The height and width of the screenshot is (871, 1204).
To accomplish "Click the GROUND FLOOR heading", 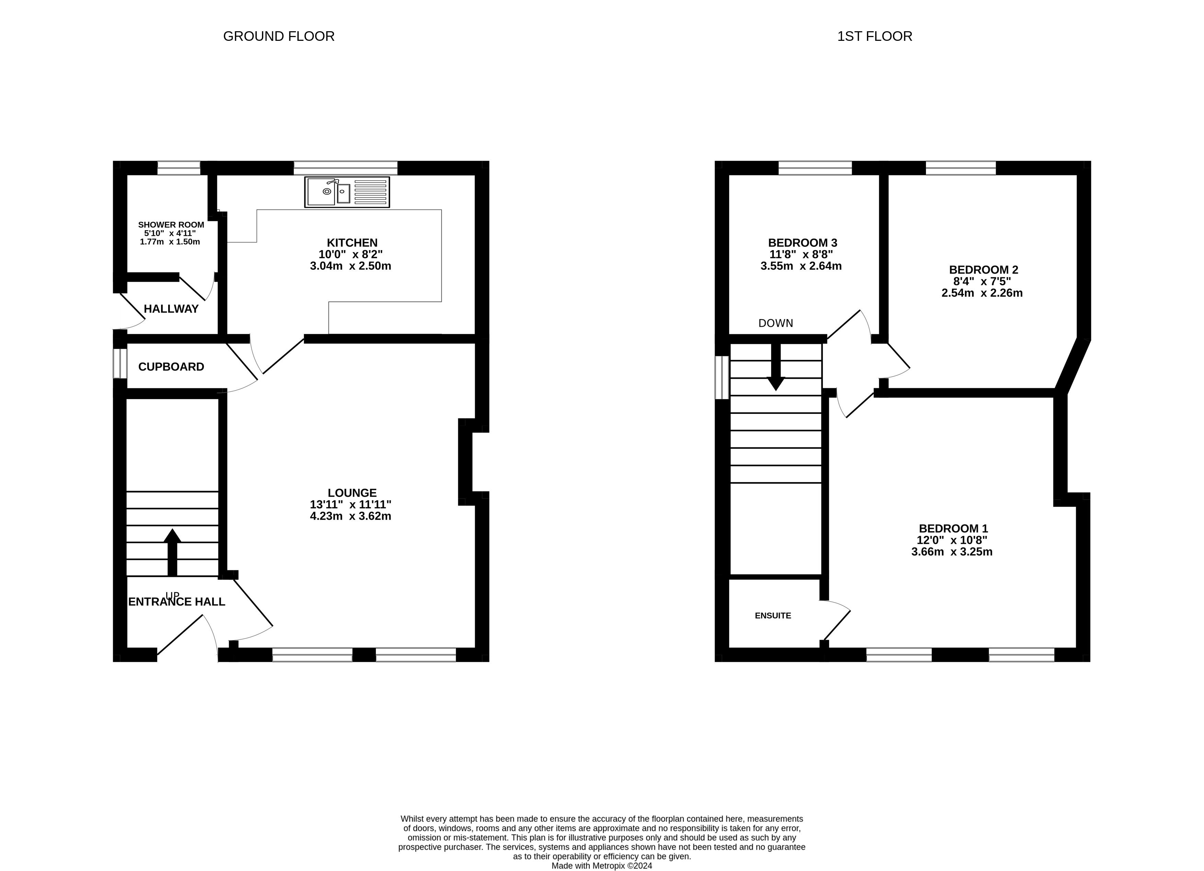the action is point(279,36).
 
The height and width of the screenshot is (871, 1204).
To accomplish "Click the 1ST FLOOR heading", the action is point(874,36).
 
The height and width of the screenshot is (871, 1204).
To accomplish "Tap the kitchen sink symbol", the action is point(347,192).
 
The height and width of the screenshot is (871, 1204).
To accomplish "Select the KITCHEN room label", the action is point(352,243).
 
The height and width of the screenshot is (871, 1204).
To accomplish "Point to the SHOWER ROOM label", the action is point(171,224).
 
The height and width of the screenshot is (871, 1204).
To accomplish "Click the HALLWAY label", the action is point(171,309).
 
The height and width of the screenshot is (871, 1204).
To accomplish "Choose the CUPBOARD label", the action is point(171,367).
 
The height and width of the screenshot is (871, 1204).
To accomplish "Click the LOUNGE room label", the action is point(352,492).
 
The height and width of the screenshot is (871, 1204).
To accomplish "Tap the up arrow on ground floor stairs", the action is point(172,552).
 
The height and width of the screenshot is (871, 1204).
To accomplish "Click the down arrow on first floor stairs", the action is point(776,367).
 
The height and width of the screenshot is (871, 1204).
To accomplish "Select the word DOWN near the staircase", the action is point(776,323).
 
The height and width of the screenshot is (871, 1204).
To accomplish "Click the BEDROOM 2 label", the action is point(983,270).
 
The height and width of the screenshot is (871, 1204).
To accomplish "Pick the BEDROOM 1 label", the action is point(953,529).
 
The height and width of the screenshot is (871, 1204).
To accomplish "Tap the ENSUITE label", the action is point(772,616).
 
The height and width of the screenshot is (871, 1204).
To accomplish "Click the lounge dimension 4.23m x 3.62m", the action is point(351,516).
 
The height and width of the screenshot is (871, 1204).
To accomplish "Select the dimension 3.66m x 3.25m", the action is point(952,552).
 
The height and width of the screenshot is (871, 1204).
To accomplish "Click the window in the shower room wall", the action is point(179,168).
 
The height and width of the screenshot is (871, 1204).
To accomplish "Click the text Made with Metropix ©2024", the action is point(601,866).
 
